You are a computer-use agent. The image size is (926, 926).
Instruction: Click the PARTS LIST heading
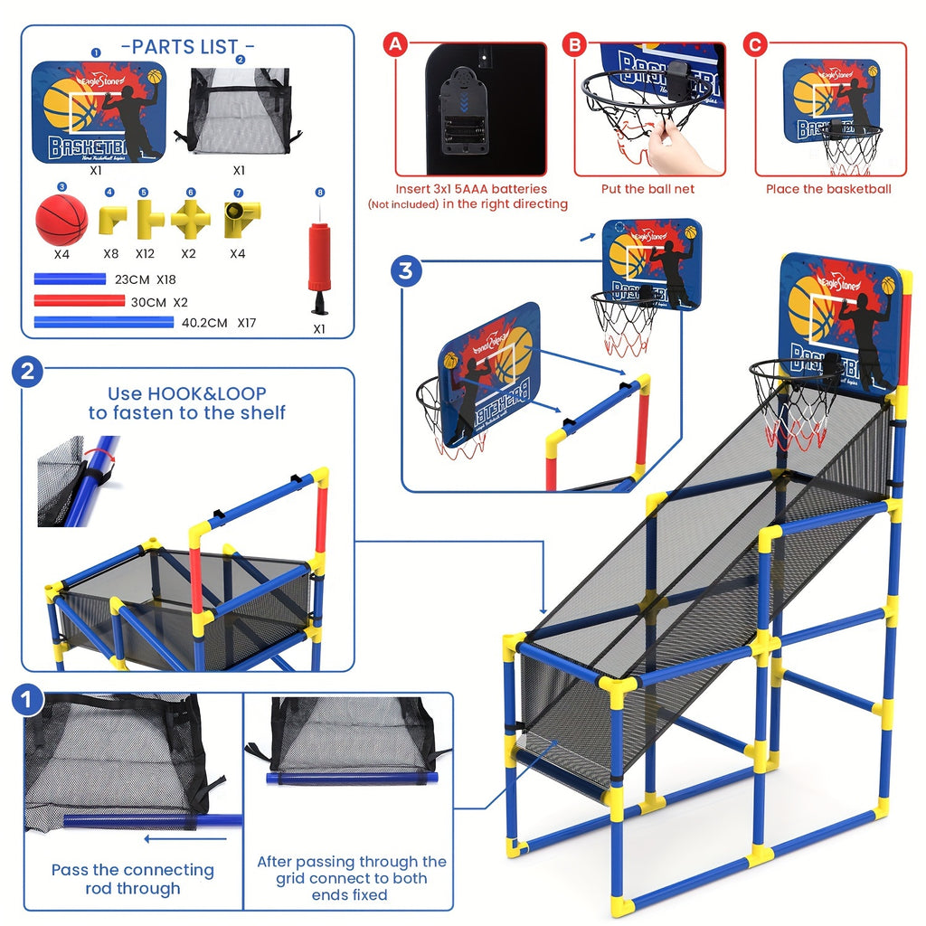pos(187,46)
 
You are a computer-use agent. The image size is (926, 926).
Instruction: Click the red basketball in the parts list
pos(61,220)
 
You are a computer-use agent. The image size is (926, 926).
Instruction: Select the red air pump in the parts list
pos(318,263)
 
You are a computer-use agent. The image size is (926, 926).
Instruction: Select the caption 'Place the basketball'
pos(828,189)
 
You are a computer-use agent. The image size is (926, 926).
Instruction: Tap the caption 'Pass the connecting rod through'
pos(132,879)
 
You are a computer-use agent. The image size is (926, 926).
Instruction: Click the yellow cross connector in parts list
pos(191,218)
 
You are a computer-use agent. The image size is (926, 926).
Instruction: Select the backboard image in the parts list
pos(99,112)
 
